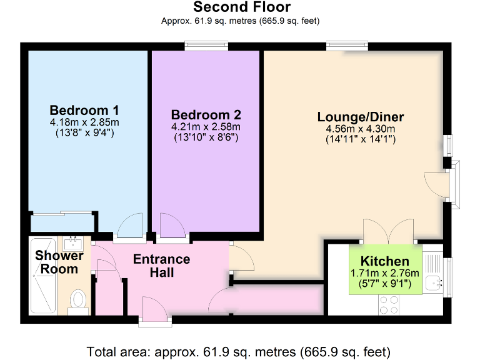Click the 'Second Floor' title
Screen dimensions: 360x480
click(x=241, y=7)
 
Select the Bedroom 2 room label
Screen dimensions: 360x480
click(x=206, y=115)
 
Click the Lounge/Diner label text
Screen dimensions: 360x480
click(x=361, y=117)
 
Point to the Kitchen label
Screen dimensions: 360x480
click(x=385, y=261)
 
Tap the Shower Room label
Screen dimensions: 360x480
click(x=59, y=262)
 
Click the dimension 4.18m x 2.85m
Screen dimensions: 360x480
click(x=85, y=122)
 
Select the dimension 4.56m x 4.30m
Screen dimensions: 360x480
click(x=361, y=129)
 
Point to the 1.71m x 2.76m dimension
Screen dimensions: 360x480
click(x=385, y=273)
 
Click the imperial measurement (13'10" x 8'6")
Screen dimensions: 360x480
click(x=206, y=137)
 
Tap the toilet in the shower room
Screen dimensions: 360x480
click(x=78, y=298)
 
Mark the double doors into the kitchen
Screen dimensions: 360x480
click(x=388, y=232)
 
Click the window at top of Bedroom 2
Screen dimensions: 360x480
click(x=206, y=46)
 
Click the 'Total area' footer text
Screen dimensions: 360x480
click(x=239, y=351)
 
